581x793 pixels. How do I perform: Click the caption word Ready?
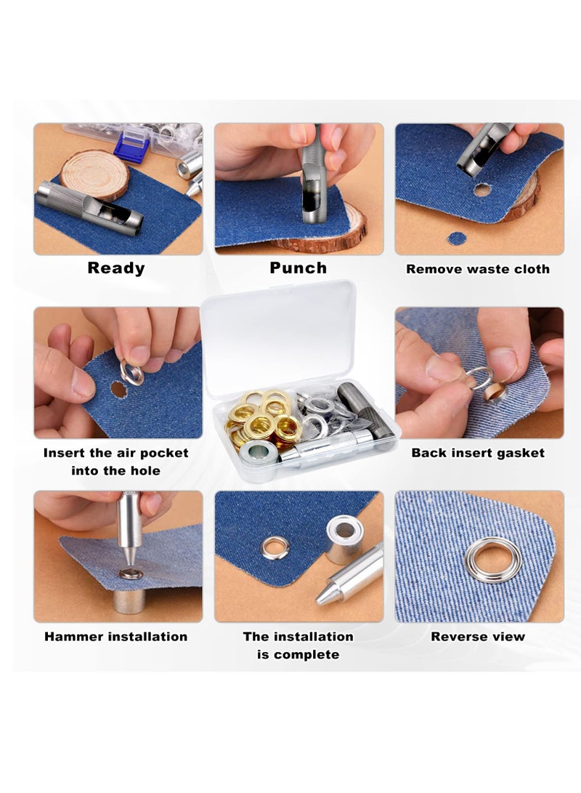point(116,268)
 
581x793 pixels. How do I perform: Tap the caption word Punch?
point(298,268)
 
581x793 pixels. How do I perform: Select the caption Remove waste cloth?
point(478,269)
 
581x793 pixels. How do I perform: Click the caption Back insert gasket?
point(478,453)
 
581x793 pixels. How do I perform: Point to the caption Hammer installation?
point(116,637)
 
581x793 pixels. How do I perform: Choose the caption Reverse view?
point(478,637)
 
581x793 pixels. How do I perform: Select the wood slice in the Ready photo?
point(94,174)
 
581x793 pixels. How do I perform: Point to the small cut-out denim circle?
point(457,238)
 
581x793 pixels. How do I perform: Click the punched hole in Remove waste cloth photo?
point(482,190)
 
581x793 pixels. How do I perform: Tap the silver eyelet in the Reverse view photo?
point(493,559)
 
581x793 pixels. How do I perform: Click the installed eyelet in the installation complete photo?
point(276,547)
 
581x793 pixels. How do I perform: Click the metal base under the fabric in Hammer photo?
point(129,600)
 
